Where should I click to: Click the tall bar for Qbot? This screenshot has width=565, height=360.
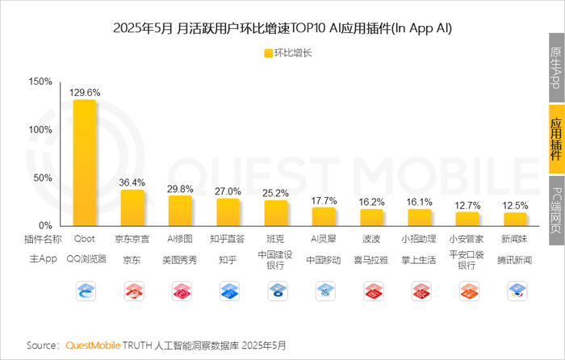click(85, 162)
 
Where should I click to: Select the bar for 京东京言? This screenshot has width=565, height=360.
click(132, 207)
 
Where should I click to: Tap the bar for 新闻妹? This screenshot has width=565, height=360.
click(515, 219)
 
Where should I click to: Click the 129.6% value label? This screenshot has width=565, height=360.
click(85, 92)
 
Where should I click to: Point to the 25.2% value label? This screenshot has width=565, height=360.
click(276, 193)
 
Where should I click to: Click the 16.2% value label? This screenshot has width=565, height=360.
click(372, 202)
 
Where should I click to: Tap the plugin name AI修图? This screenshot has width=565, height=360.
click(180, 240)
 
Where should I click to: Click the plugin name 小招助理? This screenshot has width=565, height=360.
click(419, 240)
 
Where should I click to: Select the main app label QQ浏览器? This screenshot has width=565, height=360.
click(85, 260)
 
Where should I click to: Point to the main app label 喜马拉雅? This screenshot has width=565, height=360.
click(371, 260)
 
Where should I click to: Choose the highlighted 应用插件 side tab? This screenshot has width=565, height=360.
click(555, 139)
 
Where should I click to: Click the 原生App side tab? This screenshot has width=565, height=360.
click(555, 69)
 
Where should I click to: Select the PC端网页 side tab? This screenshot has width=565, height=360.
click(555, 209)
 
